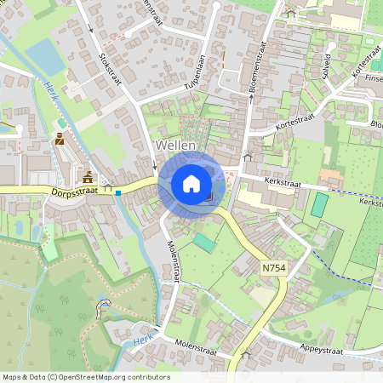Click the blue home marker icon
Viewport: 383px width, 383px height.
point(191,183)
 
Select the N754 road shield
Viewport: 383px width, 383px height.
point(272,268)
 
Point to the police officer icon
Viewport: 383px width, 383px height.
point(60,138)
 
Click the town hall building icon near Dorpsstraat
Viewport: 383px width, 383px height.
point(89,177)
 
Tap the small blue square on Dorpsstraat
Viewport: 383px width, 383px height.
point(118,193)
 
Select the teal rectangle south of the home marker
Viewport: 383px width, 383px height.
point(203,243)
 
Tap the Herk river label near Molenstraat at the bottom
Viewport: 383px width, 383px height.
point(144,341)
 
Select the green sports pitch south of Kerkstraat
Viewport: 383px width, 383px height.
point(319,204)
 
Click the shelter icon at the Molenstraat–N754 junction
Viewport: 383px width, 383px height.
point(246,352)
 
